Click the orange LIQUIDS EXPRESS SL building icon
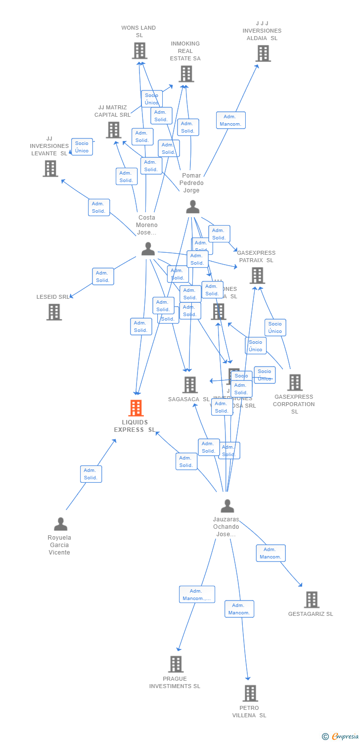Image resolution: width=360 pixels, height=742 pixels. point(136,408)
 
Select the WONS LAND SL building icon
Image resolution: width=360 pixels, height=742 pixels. point(139,50)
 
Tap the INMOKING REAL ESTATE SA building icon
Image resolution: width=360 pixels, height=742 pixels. point(186,74)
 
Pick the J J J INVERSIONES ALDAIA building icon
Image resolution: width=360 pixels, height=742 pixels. point(263,53)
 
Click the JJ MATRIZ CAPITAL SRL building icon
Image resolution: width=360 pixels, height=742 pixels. point(114,130)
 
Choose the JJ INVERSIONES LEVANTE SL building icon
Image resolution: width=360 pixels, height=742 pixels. point(50,169)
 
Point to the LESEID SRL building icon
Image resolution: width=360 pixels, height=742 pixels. point(54,312)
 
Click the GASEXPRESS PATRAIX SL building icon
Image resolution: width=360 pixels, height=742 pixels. point(257,276)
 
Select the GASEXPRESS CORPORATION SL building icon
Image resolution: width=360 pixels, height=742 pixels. point(295,382)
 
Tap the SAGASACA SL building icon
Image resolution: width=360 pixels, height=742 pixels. point(190,385)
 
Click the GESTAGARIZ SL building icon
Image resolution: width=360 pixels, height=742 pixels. point(312,600)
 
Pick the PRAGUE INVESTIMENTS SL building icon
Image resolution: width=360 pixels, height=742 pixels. point(176,664)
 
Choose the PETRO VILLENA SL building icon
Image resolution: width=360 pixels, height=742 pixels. point(250,694)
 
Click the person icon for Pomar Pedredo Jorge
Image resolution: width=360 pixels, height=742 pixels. point(193,207)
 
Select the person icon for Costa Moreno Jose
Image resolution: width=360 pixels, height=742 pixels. point(148,249)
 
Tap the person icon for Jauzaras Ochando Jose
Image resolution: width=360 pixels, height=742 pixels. point(227,506)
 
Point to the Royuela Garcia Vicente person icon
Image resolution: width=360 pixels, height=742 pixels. point(60,524)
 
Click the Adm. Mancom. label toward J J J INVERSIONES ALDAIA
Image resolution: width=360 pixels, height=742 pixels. point(230,120)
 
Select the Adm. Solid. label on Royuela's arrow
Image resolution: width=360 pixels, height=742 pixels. point(91,474)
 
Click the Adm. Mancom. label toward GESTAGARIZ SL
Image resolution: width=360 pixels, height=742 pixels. point(270,553)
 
